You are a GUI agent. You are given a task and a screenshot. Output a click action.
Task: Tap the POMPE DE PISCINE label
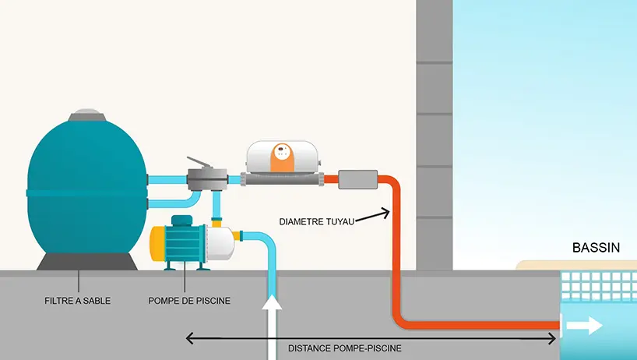(x=189, y=299)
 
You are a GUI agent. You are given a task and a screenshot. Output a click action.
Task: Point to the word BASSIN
(x=596, y=249)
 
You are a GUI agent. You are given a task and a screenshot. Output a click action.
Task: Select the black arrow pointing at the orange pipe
(x=373, y=213)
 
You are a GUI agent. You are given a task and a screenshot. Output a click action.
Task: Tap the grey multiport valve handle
(x=204, y=164)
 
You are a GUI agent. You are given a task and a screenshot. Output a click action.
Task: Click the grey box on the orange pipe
(x=356, y=180)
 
